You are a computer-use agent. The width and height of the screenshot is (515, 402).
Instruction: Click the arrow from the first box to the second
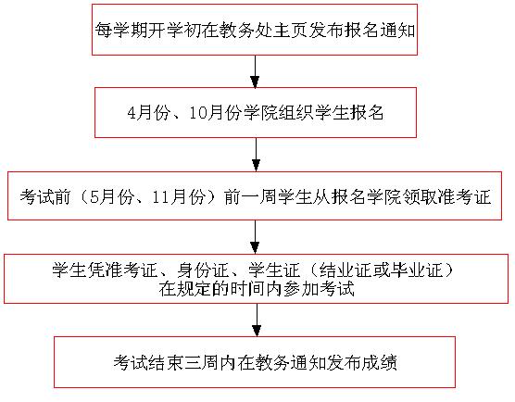click(x=255, y=71)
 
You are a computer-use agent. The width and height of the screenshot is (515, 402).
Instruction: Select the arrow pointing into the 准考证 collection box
click(x=256, y=155)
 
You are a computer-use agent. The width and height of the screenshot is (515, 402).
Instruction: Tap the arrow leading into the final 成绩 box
click(x=257, y=320)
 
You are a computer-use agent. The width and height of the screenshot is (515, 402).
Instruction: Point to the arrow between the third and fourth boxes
click(x=255, y=237)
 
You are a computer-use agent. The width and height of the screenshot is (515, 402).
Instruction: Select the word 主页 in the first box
click(x=290, y=31)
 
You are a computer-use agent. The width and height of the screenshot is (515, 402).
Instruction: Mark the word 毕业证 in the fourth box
click(x=417, y=270)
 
